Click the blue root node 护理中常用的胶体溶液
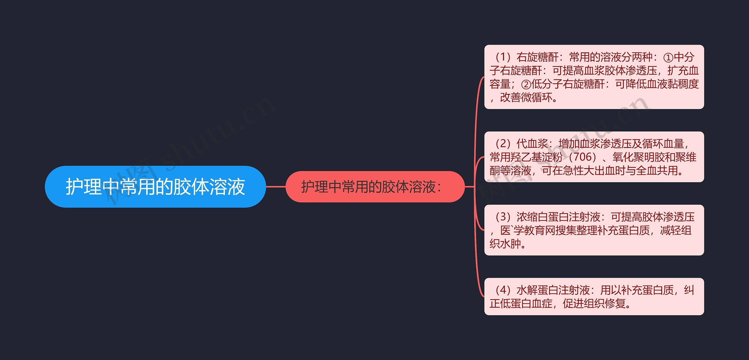click(x=155, y=187)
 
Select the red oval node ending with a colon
click(x=375, y=187)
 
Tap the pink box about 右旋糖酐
click(x=594, y=77)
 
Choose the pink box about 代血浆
click(x=594, y=157)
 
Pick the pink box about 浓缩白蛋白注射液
click(x=594, y=230)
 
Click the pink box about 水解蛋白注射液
click(x=594, y=297)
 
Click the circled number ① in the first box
click(x=668, y=57)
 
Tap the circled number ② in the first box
click(x=526, y=85)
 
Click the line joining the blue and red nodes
click(x=276, y=187)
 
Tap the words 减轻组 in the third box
click(x=676, y=230)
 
